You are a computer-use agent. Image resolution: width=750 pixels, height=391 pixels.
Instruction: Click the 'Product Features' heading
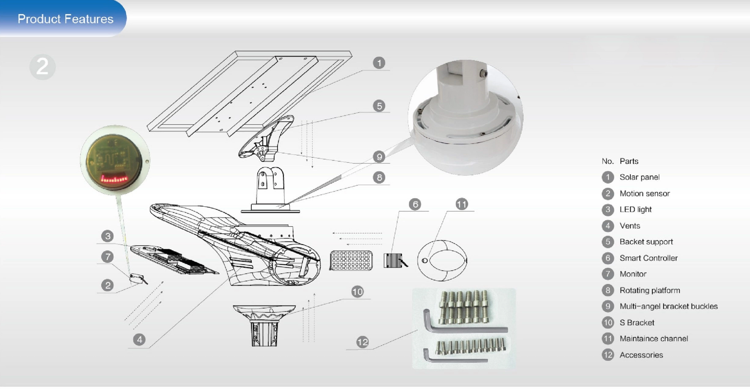tap(65, 19)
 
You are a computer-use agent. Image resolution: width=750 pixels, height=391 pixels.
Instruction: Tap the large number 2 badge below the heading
tap(43, 67)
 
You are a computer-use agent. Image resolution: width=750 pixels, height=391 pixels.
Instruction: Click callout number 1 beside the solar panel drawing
tap(378, 63)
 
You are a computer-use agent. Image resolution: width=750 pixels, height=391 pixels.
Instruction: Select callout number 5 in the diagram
tap(378, 106)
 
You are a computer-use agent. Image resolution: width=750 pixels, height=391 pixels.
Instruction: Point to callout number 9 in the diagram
tap(378, 157)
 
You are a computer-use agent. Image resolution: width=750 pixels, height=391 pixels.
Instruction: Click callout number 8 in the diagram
tap(378, 177)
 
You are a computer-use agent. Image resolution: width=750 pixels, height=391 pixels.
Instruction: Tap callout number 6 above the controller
tap(415, 204)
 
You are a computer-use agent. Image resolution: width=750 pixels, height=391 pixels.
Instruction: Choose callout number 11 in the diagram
tap(462, 204)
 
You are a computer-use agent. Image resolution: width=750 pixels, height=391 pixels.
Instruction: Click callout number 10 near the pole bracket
tap(357, 292)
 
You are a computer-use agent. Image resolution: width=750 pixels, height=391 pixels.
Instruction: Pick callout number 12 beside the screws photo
tap(362, 342)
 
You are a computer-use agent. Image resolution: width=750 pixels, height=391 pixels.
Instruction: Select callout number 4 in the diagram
tap(139, 340)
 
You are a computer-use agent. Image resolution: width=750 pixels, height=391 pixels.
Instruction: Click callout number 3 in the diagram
tap(107, 236)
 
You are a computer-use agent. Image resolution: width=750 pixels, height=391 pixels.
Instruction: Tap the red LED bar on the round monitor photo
tap(114, 179)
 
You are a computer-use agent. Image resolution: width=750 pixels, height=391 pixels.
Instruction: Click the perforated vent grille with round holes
tap(351, 261)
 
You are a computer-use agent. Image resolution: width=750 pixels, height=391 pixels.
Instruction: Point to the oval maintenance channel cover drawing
tap(442, 261)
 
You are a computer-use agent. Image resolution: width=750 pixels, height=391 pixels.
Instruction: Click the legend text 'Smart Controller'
tap(648, 258)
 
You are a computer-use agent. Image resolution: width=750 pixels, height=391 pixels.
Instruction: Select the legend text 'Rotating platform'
tap(649, 290)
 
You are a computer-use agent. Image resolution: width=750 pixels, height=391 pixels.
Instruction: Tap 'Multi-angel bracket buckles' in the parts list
tap(668, 306)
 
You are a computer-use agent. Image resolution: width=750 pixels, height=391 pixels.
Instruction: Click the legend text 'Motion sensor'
tap(644, 193)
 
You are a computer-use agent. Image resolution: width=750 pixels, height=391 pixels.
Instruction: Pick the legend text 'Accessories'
tap(641, 355)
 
